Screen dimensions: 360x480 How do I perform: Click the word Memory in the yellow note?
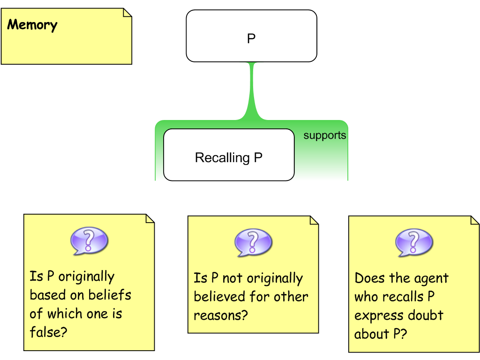pos(32,25)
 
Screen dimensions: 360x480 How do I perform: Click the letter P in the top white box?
pos(251,38)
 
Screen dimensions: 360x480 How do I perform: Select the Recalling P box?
pos(229,155)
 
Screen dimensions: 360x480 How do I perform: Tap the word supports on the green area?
pos(324,135)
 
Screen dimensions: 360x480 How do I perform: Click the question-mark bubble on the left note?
pos(89,241)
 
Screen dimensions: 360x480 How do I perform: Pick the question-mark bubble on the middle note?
pos(253,242)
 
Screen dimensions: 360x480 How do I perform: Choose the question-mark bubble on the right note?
pos(414,243)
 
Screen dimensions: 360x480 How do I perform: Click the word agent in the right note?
pos(431,278)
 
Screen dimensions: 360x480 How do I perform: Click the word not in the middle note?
pos(232,278)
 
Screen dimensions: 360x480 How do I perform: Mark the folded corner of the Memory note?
pos(127,13)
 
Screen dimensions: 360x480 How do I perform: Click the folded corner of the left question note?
pos(150,218)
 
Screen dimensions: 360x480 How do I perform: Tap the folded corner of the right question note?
pos(474,220)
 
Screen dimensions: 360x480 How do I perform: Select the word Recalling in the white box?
pos(222,157)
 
